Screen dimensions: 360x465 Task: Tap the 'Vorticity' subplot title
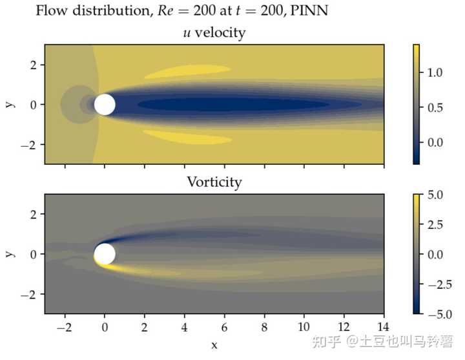point(214,182)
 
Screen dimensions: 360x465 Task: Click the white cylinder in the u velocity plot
point(105,104)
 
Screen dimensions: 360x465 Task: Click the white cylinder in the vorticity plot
point(105,254)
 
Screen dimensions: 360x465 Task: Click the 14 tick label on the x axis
point(384,328)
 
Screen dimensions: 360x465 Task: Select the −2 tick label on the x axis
point(63,328)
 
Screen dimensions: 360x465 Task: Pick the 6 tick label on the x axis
point(224,328)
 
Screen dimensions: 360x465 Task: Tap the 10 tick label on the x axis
point(304,328)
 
